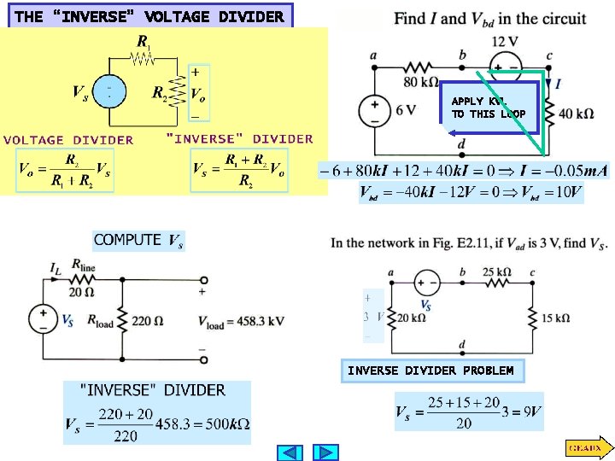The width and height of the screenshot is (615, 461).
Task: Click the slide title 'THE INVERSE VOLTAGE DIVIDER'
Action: click(x=149, y=16)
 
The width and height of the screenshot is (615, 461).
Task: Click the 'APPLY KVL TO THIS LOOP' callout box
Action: click(x=489, y=108)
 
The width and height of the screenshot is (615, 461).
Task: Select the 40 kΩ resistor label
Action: click(x=576, y=113)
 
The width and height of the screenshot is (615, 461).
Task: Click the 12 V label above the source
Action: click(x=506, y=43)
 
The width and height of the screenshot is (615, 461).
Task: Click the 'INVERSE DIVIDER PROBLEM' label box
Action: click(x=430, y=371)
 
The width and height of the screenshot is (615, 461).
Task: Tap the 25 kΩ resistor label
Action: click(x=497, y=271)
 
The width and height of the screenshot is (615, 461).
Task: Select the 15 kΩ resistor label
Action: click(x=555, y=318)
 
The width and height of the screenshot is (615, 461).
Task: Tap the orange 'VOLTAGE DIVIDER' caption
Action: click(x=68, y=140)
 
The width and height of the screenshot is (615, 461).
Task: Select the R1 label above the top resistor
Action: click(x=146, y=40)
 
